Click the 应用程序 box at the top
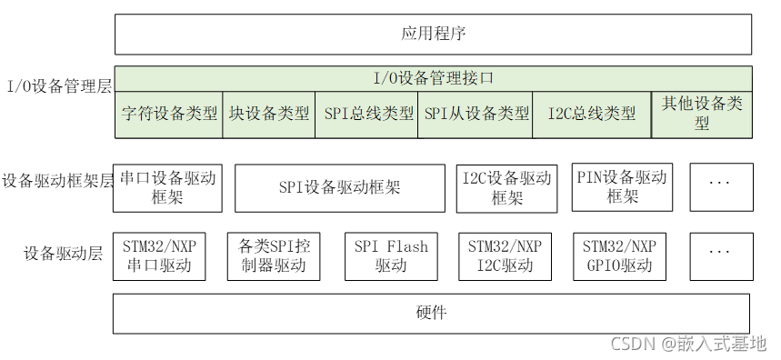433,35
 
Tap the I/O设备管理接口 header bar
433,78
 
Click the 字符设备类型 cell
169,115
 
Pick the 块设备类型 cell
269,115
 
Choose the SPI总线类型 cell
368,115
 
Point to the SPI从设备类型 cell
476,115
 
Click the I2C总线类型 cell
592,115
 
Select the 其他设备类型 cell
702,114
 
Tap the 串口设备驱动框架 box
168,187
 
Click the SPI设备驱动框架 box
339,188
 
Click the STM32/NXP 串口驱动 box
159,255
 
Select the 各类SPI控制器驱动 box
274,255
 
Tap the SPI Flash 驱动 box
391,255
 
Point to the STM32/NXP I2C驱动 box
505,255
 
